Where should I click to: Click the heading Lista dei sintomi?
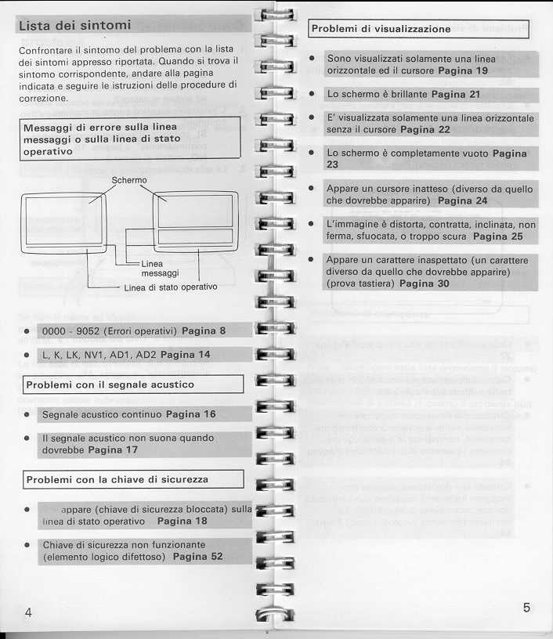tap(74, 25)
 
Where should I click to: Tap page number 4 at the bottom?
tap(28, 612)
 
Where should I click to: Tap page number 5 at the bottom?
tap(526, 608)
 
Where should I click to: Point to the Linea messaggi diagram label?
tap(160, 269)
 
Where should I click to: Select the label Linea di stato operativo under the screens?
tap(170, 287)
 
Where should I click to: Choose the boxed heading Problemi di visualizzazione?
tap(381, 29)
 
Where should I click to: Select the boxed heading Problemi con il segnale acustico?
tap(110, 384)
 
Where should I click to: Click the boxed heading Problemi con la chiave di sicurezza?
tap(117, 478)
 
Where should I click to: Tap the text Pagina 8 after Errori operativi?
tap(204, 330)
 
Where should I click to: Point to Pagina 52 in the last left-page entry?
tap(197, 557)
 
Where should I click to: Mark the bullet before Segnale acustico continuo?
tap(27, 414)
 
